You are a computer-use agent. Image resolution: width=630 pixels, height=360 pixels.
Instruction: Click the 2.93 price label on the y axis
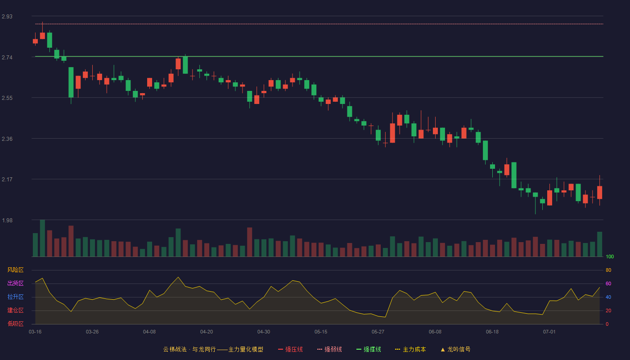7,17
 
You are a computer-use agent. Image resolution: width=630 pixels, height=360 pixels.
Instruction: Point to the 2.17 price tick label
7,180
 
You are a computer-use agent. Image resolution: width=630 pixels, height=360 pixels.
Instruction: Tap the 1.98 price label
7,220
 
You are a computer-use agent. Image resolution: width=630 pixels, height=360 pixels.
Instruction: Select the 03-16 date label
35,332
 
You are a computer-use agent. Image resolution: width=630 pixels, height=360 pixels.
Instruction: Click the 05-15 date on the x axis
321,332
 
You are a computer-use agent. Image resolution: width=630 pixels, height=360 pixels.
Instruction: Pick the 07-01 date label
549,332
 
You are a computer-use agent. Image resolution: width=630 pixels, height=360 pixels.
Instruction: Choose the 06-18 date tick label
492,332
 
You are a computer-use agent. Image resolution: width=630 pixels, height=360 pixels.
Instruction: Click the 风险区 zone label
15,270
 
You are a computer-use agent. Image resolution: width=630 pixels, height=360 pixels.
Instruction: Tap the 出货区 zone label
15,283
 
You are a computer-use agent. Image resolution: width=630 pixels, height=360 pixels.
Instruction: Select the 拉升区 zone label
15,297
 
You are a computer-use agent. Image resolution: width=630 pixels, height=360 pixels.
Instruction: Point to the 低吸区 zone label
15,324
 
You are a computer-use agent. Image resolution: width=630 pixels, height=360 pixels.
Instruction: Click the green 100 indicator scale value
610,256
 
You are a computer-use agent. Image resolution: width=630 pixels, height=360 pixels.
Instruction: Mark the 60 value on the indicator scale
608,283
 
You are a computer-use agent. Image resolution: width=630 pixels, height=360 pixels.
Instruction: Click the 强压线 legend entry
290,349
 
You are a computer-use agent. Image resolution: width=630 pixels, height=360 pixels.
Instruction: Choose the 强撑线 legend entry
369,349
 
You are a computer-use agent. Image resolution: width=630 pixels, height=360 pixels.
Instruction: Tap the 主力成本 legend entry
410,349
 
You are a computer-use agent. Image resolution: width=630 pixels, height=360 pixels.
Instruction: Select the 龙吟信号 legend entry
455,349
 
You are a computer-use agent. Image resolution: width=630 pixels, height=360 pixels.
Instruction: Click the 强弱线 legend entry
329,349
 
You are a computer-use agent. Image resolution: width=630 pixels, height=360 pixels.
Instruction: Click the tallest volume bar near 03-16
42,238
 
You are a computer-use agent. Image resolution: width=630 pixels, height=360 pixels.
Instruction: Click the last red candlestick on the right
599,193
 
